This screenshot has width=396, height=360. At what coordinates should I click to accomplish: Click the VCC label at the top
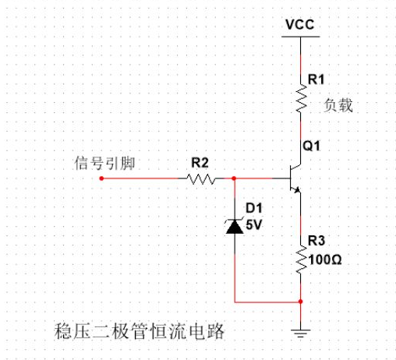coord(300,23)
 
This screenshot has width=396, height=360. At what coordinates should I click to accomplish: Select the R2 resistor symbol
coord(200,178)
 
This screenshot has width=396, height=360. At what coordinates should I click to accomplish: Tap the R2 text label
coord(200,163)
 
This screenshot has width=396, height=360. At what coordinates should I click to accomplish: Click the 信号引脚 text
coord(101,162)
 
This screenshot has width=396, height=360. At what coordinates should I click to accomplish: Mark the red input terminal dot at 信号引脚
coord(102,178)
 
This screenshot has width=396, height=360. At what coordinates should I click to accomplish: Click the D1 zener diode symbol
coord(234,225)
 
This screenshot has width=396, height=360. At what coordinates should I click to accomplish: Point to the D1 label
coord(254,208)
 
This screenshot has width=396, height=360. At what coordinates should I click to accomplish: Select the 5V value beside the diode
coord(254,224)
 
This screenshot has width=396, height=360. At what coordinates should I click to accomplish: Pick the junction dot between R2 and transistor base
coord(234,178)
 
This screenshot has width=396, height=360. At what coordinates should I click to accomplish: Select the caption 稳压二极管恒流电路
coord(140,330)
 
